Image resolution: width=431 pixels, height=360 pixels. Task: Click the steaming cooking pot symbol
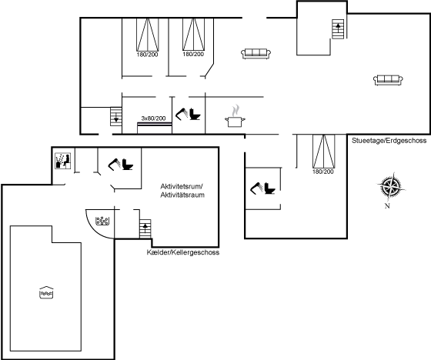click(x=235, y=116)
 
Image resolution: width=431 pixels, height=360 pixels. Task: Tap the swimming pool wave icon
click(x=46, y=292)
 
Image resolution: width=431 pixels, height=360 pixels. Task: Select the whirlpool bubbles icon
click(x=102, y=221)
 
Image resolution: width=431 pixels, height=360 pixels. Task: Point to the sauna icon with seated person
click(x=63, y=161)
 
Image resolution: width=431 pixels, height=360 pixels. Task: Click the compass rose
click(x=391, y=186)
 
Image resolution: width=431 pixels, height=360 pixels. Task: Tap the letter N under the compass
click(x=387, y=206)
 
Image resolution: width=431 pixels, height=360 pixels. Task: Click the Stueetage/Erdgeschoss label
click(x=389, y=141)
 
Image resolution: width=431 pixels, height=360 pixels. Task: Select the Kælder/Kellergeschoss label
click(x=183, y=252)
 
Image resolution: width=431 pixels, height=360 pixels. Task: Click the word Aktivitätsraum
click(x=182, y=195)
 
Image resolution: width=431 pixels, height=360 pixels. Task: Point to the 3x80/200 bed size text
click(x=153, y=118)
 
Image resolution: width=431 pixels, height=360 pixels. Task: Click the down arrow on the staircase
click(x=116, y=118)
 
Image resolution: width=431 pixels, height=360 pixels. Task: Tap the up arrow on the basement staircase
click(x=145, y=226)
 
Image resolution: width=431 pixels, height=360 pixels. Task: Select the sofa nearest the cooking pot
click(x=256, y=54)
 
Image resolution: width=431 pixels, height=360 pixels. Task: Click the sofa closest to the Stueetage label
click(x=388, y=80)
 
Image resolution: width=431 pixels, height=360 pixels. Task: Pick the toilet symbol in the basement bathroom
click(x=128, y=165)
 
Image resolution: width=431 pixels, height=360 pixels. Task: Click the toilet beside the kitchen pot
click(x=195, y=114)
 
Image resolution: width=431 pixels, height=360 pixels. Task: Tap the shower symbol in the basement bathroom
click(x=115, y=164)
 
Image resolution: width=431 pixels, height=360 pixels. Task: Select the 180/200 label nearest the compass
click(x=323, y=172)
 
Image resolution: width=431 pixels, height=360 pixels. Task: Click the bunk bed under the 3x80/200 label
click(x=155, y=128)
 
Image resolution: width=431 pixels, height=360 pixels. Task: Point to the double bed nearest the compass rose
click(x=324, y=151)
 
